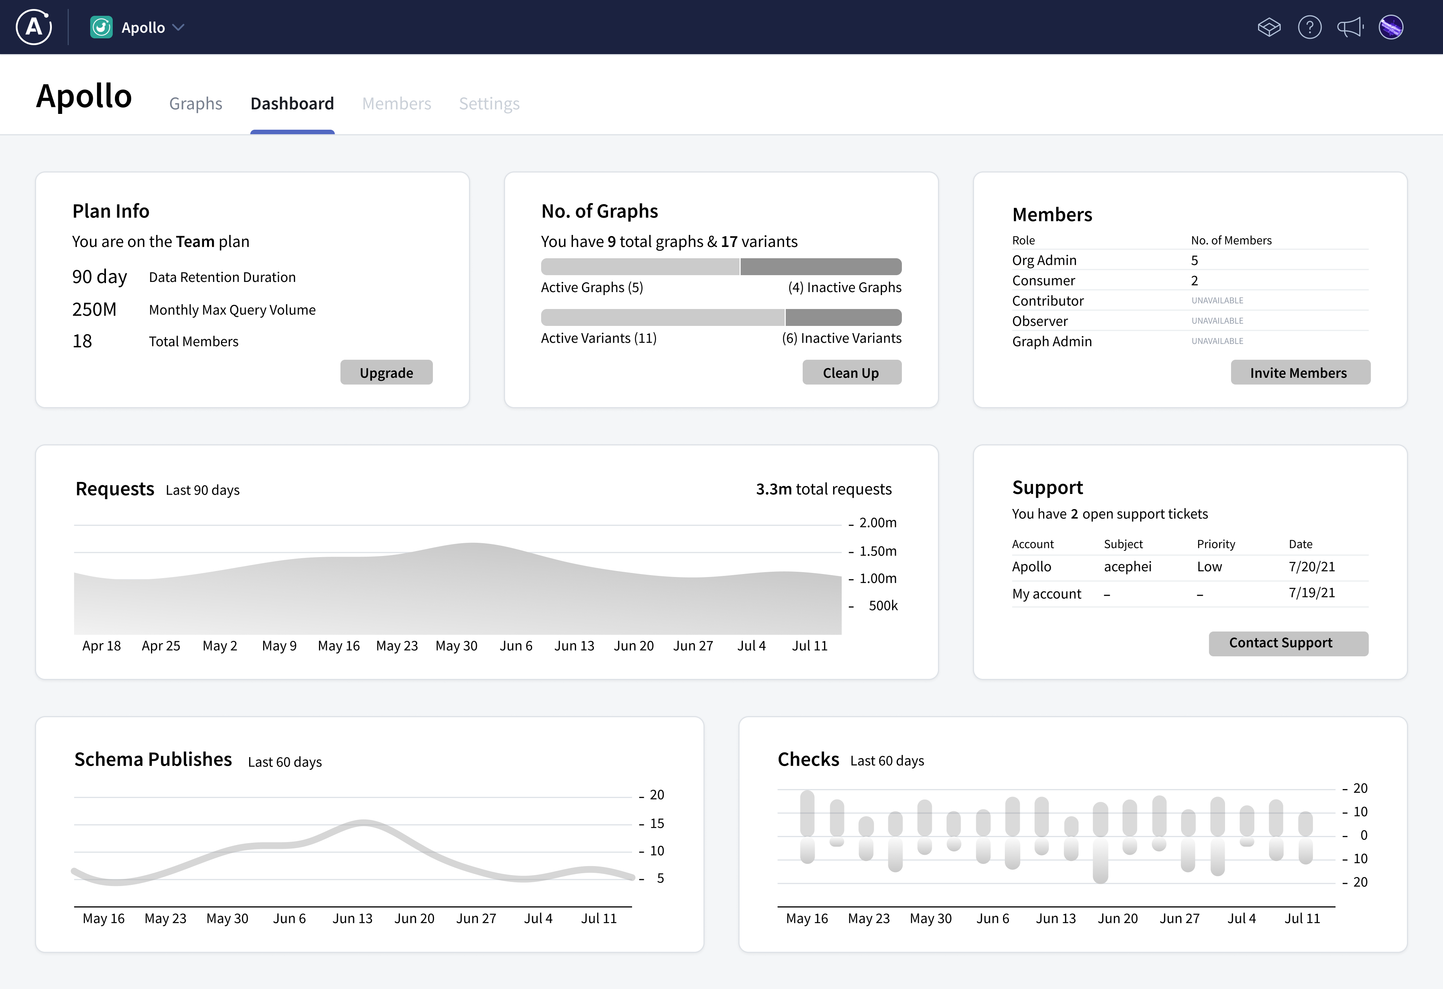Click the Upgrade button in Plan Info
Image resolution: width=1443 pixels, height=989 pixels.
click(386, 373)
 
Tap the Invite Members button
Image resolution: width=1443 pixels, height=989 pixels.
click(1299, 373)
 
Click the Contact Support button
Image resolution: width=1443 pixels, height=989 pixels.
click(1288, 643)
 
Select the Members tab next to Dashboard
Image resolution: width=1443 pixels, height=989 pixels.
click(396, 104)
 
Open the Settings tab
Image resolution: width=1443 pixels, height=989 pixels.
click(489, 104)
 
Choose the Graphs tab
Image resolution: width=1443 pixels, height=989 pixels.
click(195, 104)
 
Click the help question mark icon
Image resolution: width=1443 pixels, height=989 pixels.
click(1310, 27)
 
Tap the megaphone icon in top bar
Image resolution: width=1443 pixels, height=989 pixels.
click(1350, 27)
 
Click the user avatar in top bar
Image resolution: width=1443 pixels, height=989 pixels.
click(1391, 27)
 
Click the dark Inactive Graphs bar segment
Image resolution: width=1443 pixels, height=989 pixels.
click(820, 267)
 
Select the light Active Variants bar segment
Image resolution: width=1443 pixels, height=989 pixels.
click(662, 317)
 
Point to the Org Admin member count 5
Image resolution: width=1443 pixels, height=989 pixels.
click(1194, 260)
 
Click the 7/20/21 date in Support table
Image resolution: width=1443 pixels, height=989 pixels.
click(1311, 566)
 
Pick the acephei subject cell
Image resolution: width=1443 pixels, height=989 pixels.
click(1127, 566)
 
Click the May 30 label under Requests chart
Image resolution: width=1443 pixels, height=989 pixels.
click(456, 646)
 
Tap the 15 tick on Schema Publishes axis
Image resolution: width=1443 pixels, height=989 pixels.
click(656, 824)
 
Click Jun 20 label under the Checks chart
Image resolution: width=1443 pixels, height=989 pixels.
click(1117, 919)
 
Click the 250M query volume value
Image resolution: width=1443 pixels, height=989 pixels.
click(94, 309)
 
